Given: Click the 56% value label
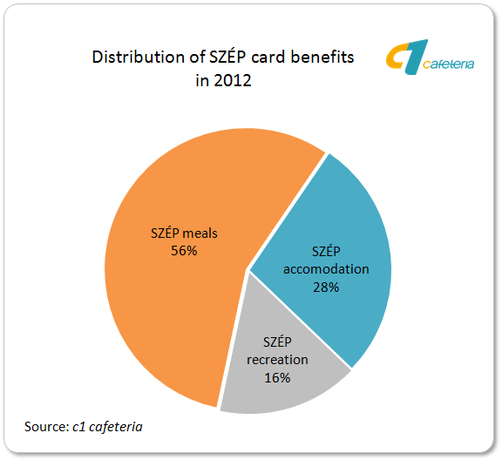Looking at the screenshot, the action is pos(184,251).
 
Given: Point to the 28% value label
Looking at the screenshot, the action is pos(326,287).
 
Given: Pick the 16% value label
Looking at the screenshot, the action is pos(277,378).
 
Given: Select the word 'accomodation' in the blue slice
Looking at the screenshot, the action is pos(326,269).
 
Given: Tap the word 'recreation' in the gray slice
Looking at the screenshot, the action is pos(277,360).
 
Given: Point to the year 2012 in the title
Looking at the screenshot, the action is pos(233,80).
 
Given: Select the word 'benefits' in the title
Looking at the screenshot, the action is pos(322,57).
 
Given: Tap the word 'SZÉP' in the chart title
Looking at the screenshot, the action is pos(227,57).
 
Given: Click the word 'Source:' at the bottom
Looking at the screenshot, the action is pos(47,427).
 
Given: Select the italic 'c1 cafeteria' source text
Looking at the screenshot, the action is pos(107,427).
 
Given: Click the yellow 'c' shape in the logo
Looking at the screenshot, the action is pos(397,56).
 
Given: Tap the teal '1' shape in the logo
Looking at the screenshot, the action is pos(416,57).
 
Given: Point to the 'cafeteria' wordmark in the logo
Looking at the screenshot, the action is pos(448,64).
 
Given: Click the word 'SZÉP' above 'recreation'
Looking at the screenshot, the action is pos(277,342).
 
